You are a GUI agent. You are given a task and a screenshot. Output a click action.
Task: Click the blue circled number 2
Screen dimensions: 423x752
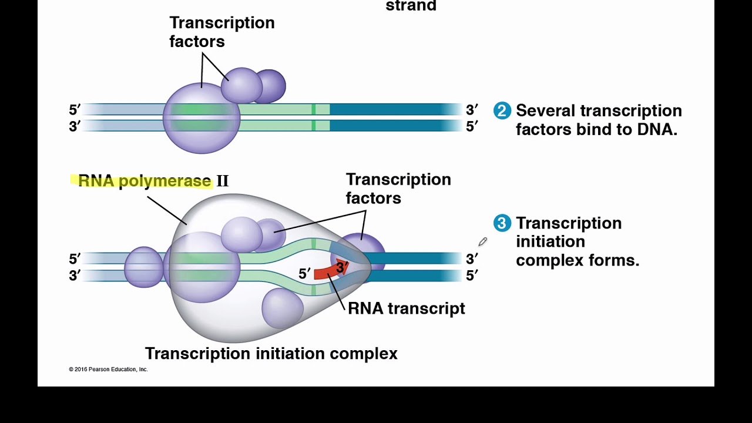(502, 110)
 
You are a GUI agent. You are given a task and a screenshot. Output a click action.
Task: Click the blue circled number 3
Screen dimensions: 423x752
(501, 223)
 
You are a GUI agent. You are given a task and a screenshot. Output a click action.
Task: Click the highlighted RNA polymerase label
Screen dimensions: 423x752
(144, 181)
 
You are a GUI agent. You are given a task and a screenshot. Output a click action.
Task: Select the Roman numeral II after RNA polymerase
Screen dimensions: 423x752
(222, 181)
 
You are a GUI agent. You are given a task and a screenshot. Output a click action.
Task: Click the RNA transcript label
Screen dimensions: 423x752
(406, 308)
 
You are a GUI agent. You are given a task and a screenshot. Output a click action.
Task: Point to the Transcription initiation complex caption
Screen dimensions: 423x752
(271, 354)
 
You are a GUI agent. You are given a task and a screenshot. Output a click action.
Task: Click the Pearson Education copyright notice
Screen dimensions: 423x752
(108, 370)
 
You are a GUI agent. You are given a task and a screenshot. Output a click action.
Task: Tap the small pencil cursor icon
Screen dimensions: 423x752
(482, 241)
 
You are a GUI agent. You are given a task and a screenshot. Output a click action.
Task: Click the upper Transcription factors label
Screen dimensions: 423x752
(221, 32)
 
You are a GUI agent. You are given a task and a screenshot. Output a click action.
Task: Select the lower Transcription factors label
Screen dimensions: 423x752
(398, 189)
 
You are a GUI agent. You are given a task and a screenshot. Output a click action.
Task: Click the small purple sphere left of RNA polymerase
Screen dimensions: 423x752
(143, 267)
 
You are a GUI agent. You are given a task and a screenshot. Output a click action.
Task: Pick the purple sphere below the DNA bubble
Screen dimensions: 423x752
(283, 308)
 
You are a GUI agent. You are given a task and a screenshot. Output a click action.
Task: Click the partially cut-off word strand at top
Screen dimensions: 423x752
(411, 6)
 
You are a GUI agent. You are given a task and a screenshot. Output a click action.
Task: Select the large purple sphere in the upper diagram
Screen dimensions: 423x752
(201, 118)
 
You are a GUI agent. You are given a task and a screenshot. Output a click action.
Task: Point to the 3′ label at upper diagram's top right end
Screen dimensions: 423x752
(472, 110)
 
